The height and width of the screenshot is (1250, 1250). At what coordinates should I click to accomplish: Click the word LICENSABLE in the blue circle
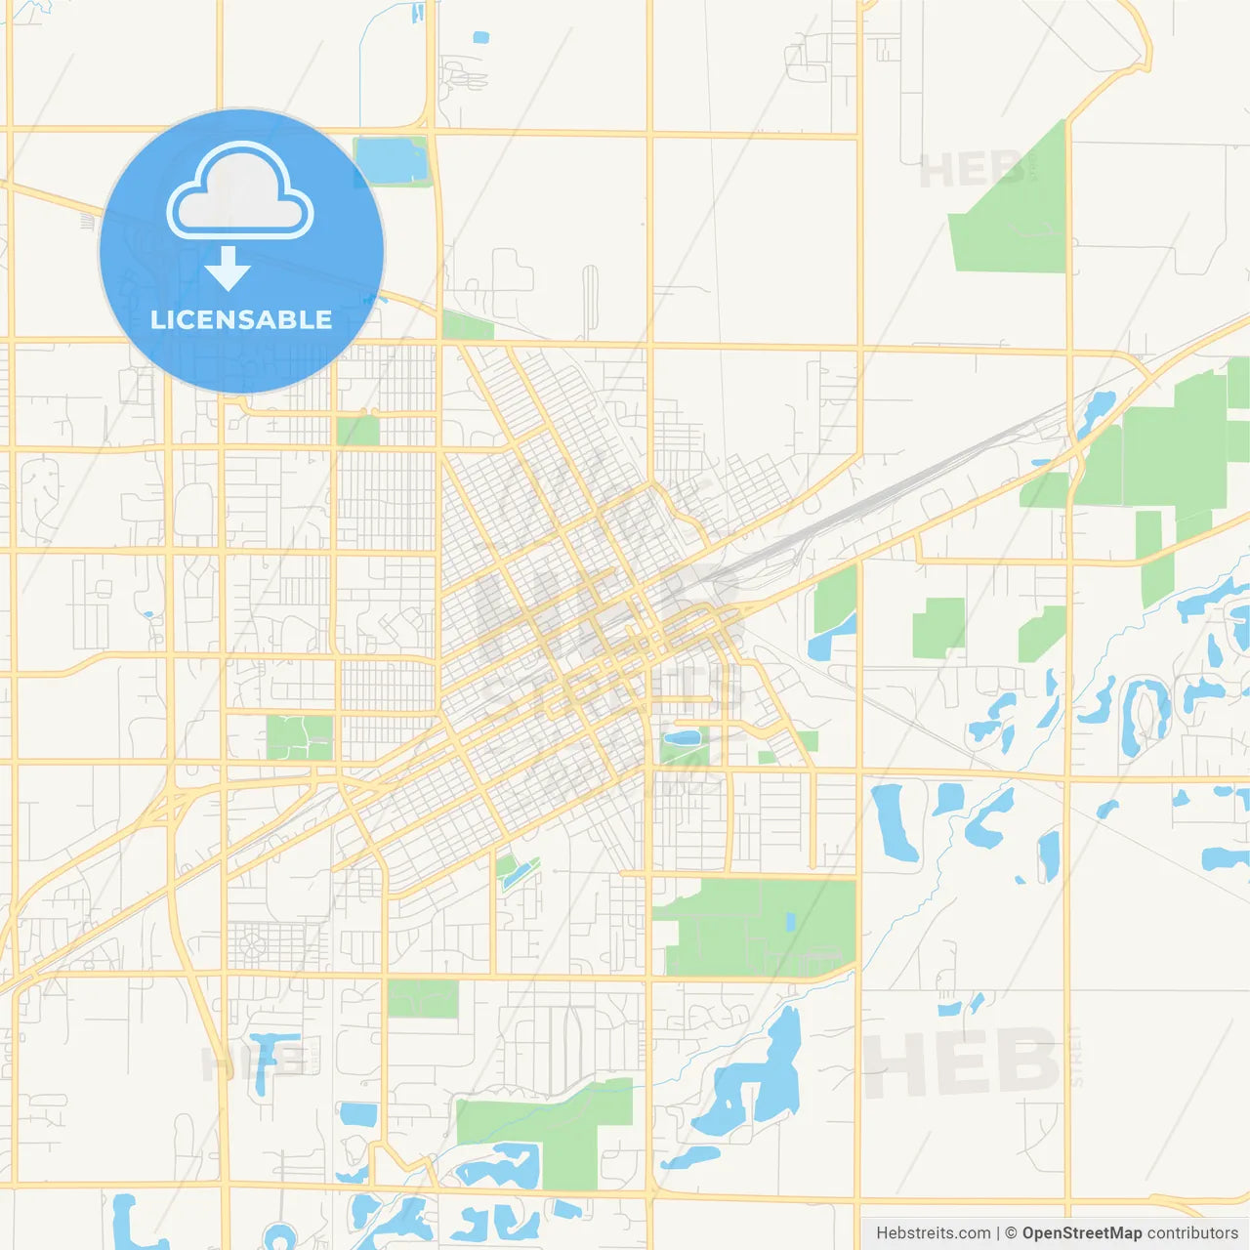point(241,320)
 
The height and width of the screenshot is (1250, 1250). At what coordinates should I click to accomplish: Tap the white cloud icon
point(240,192)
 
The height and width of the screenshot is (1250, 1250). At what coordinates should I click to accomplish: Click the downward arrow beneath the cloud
point(229,268)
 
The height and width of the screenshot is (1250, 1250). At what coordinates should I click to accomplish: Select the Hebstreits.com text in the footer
point(934,1233)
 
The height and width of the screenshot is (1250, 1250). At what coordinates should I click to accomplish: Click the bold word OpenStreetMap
point(1082,1233)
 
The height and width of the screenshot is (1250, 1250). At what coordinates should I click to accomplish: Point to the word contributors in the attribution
point(1192,1233)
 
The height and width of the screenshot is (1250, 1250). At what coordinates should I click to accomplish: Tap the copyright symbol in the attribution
point(1011,1233)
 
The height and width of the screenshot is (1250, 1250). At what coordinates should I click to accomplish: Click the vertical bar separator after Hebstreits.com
point(998,1233)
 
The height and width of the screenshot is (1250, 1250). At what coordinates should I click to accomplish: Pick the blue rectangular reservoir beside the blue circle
point(391,161)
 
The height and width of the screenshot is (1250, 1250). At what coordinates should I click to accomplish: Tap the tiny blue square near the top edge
point(480,38)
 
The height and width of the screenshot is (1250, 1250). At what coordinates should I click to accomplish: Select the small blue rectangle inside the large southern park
point(790,921)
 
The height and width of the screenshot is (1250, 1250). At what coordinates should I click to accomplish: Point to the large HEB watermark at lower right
point(962,1062)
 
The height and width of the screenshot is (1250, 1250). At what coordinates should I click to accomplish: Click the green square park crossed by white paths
point(300,737)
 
